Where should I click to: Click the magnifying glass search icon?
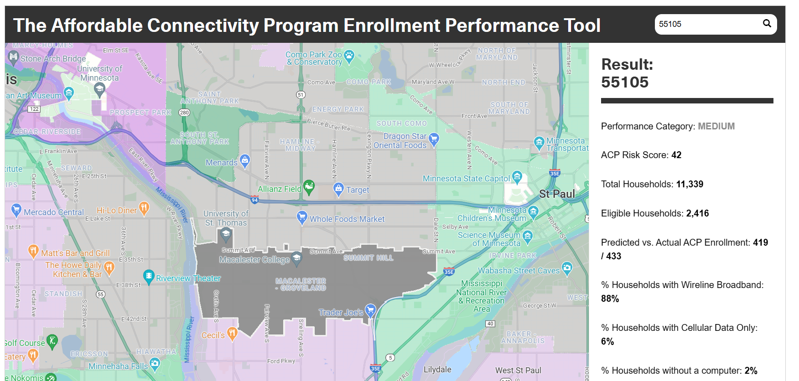[767, 24]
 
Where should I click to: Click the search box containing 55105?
[707, 24]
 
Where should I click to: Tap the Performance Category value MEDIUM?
[716, 126]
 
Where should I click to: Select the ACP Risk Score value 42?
[676, 155]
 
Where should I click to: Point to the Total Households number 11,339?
[690, 184]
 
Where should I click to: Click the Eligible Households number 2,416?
[697, 213]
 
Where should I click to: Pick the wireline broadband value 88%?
[610, 299]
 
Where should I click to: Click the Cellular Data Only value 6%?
[607, 341]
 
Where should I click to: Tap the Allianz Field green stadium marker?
[309, 186]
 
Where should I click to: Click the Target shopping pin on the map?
[338, 188]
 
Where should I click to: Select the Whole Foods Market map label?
[347, 219]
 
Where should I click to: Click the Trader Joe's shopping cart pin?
[370, 310]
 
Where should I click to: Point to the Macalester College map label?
[254, 259]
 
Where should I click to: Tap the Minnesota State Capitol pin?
[517, 176]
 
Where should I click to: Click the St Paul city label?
[557, 194]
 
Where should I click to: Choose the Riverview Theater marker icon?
[149, 276]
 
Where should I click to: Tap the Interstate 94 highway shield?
[254, 200]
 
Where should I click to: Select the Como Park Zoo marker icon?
[349, 56]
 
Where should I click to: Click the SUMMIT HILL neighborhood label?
[368, 258]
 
